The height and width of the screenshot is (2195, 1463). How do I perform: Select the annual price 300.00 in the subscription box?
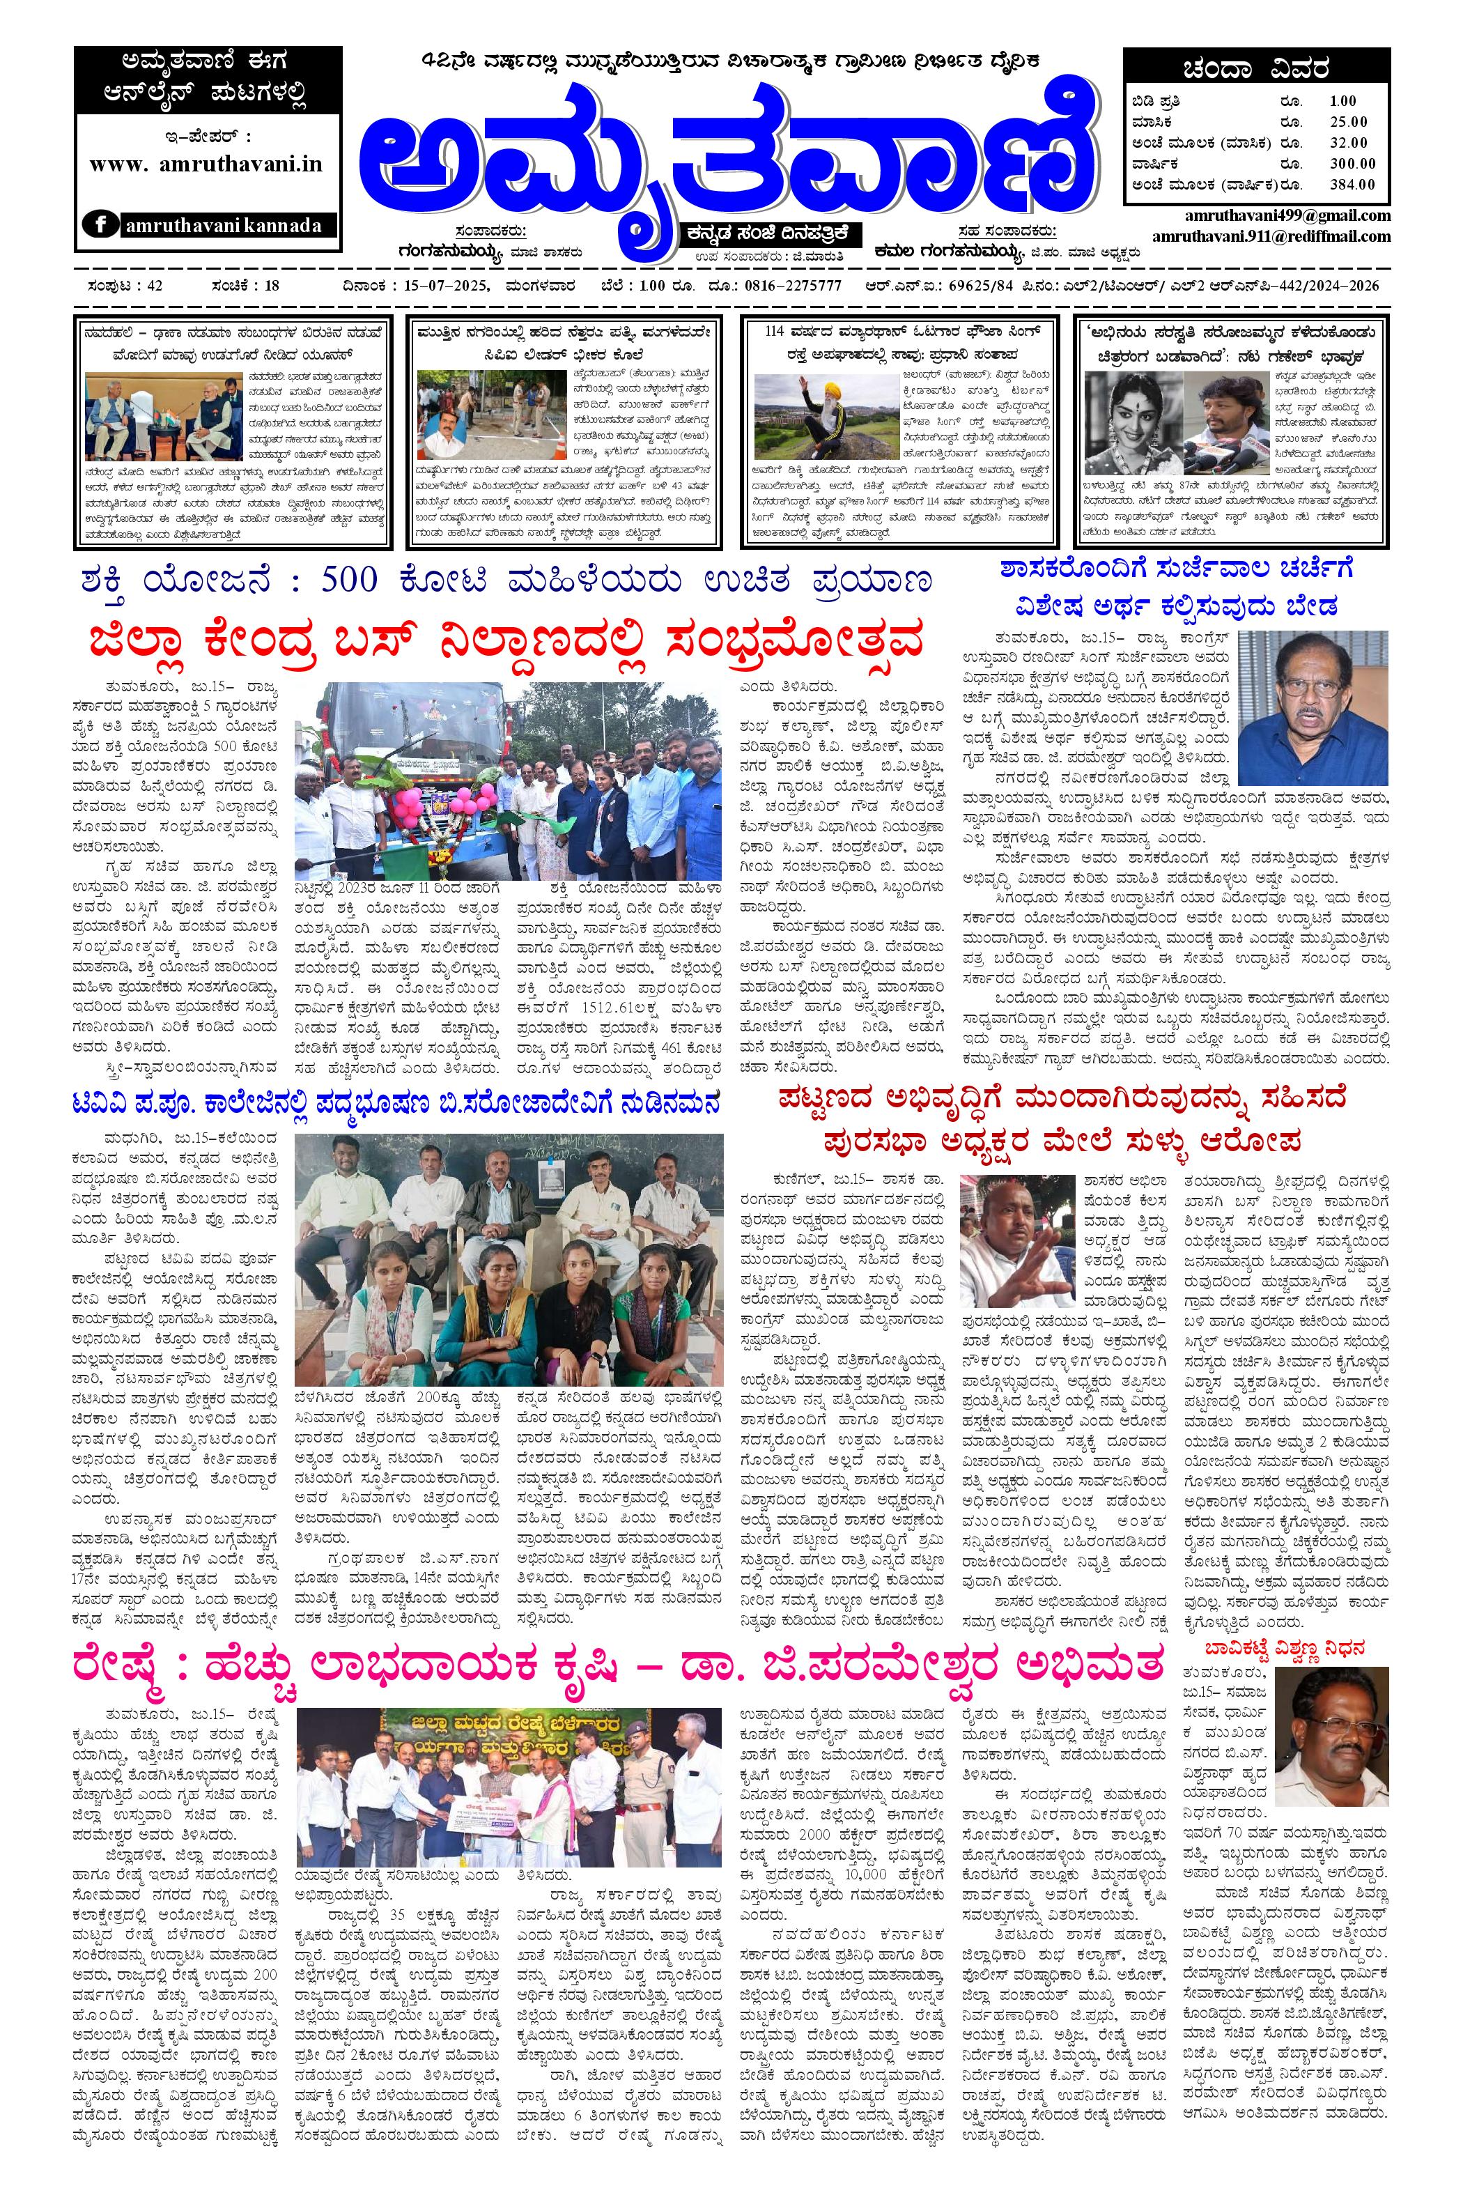1347,163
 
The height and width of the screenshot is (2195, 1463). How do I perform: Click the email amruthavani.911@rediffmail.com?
1271,236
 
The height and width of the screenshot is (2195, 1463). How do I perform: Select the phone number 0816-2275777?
798,286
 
